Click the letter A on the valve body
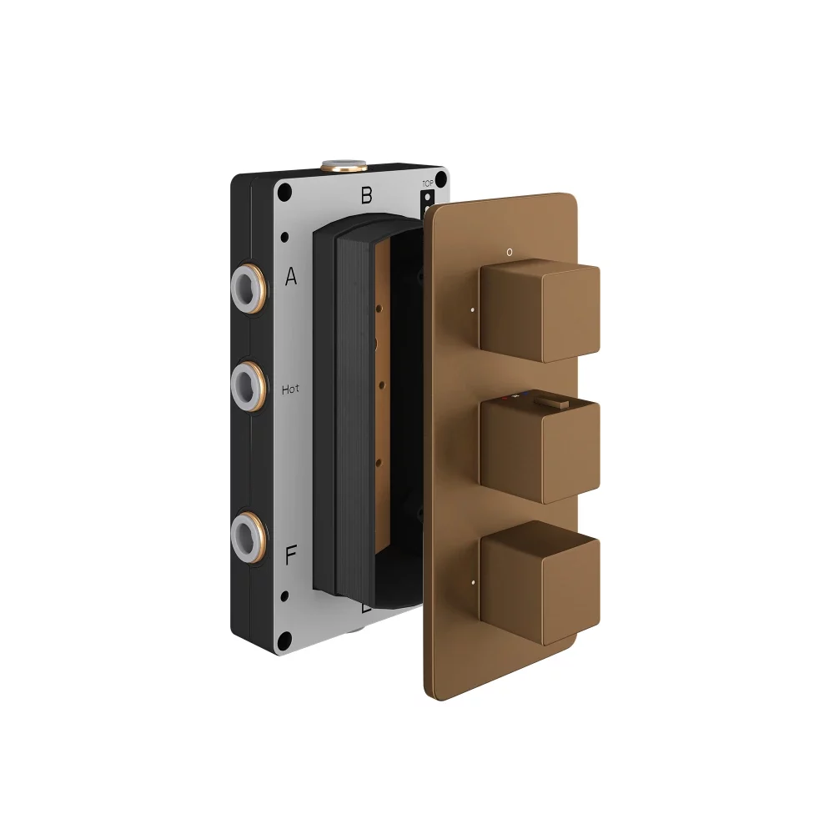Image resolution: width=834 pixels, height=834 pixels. (x=291, y=277)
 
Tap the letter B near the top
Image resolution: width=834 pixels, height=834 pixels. (x=366, y=196)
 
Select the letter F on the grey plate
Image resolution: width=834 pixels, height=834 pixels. (x=291, y=556)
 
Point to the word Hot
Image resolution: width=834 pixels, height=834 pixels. (x=291, y=389)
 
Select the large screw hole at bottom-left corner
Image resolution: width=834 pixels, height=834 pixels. (x=285, y=641)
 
